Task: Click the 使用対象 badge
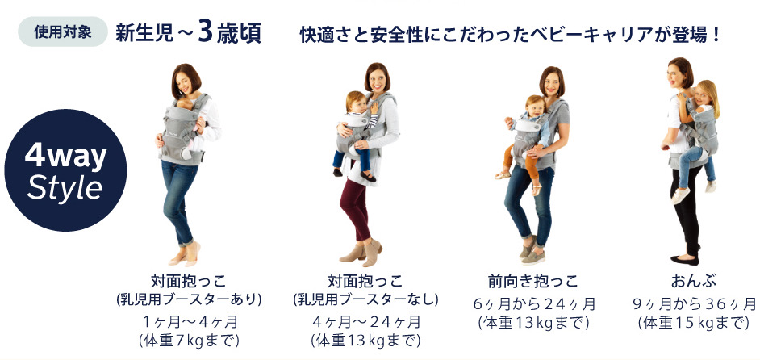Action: pyautogui.click(x=62, y=31)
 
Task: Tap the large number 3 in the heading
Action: pyautogui.click(x=206, y=32)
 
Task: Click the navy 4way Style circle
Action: pyautogui.click(x=65, y=170)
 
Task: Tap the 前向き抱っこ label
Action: pyautogui.click(x=533, y=281)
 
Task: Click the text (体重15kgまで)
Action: pyautogui.click(x=694, y=323)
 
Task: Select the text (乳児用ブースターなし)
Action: pyautogui.click(x=366, y=299)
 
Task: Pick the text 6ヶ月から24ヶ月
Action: pyautogui.click(x=534, y=304)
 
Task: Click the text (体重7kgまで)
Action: pyautogui.click(x=189, y=341)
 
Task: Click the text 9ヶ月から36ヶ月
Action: pyautogui.click(x=694, y=304)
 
